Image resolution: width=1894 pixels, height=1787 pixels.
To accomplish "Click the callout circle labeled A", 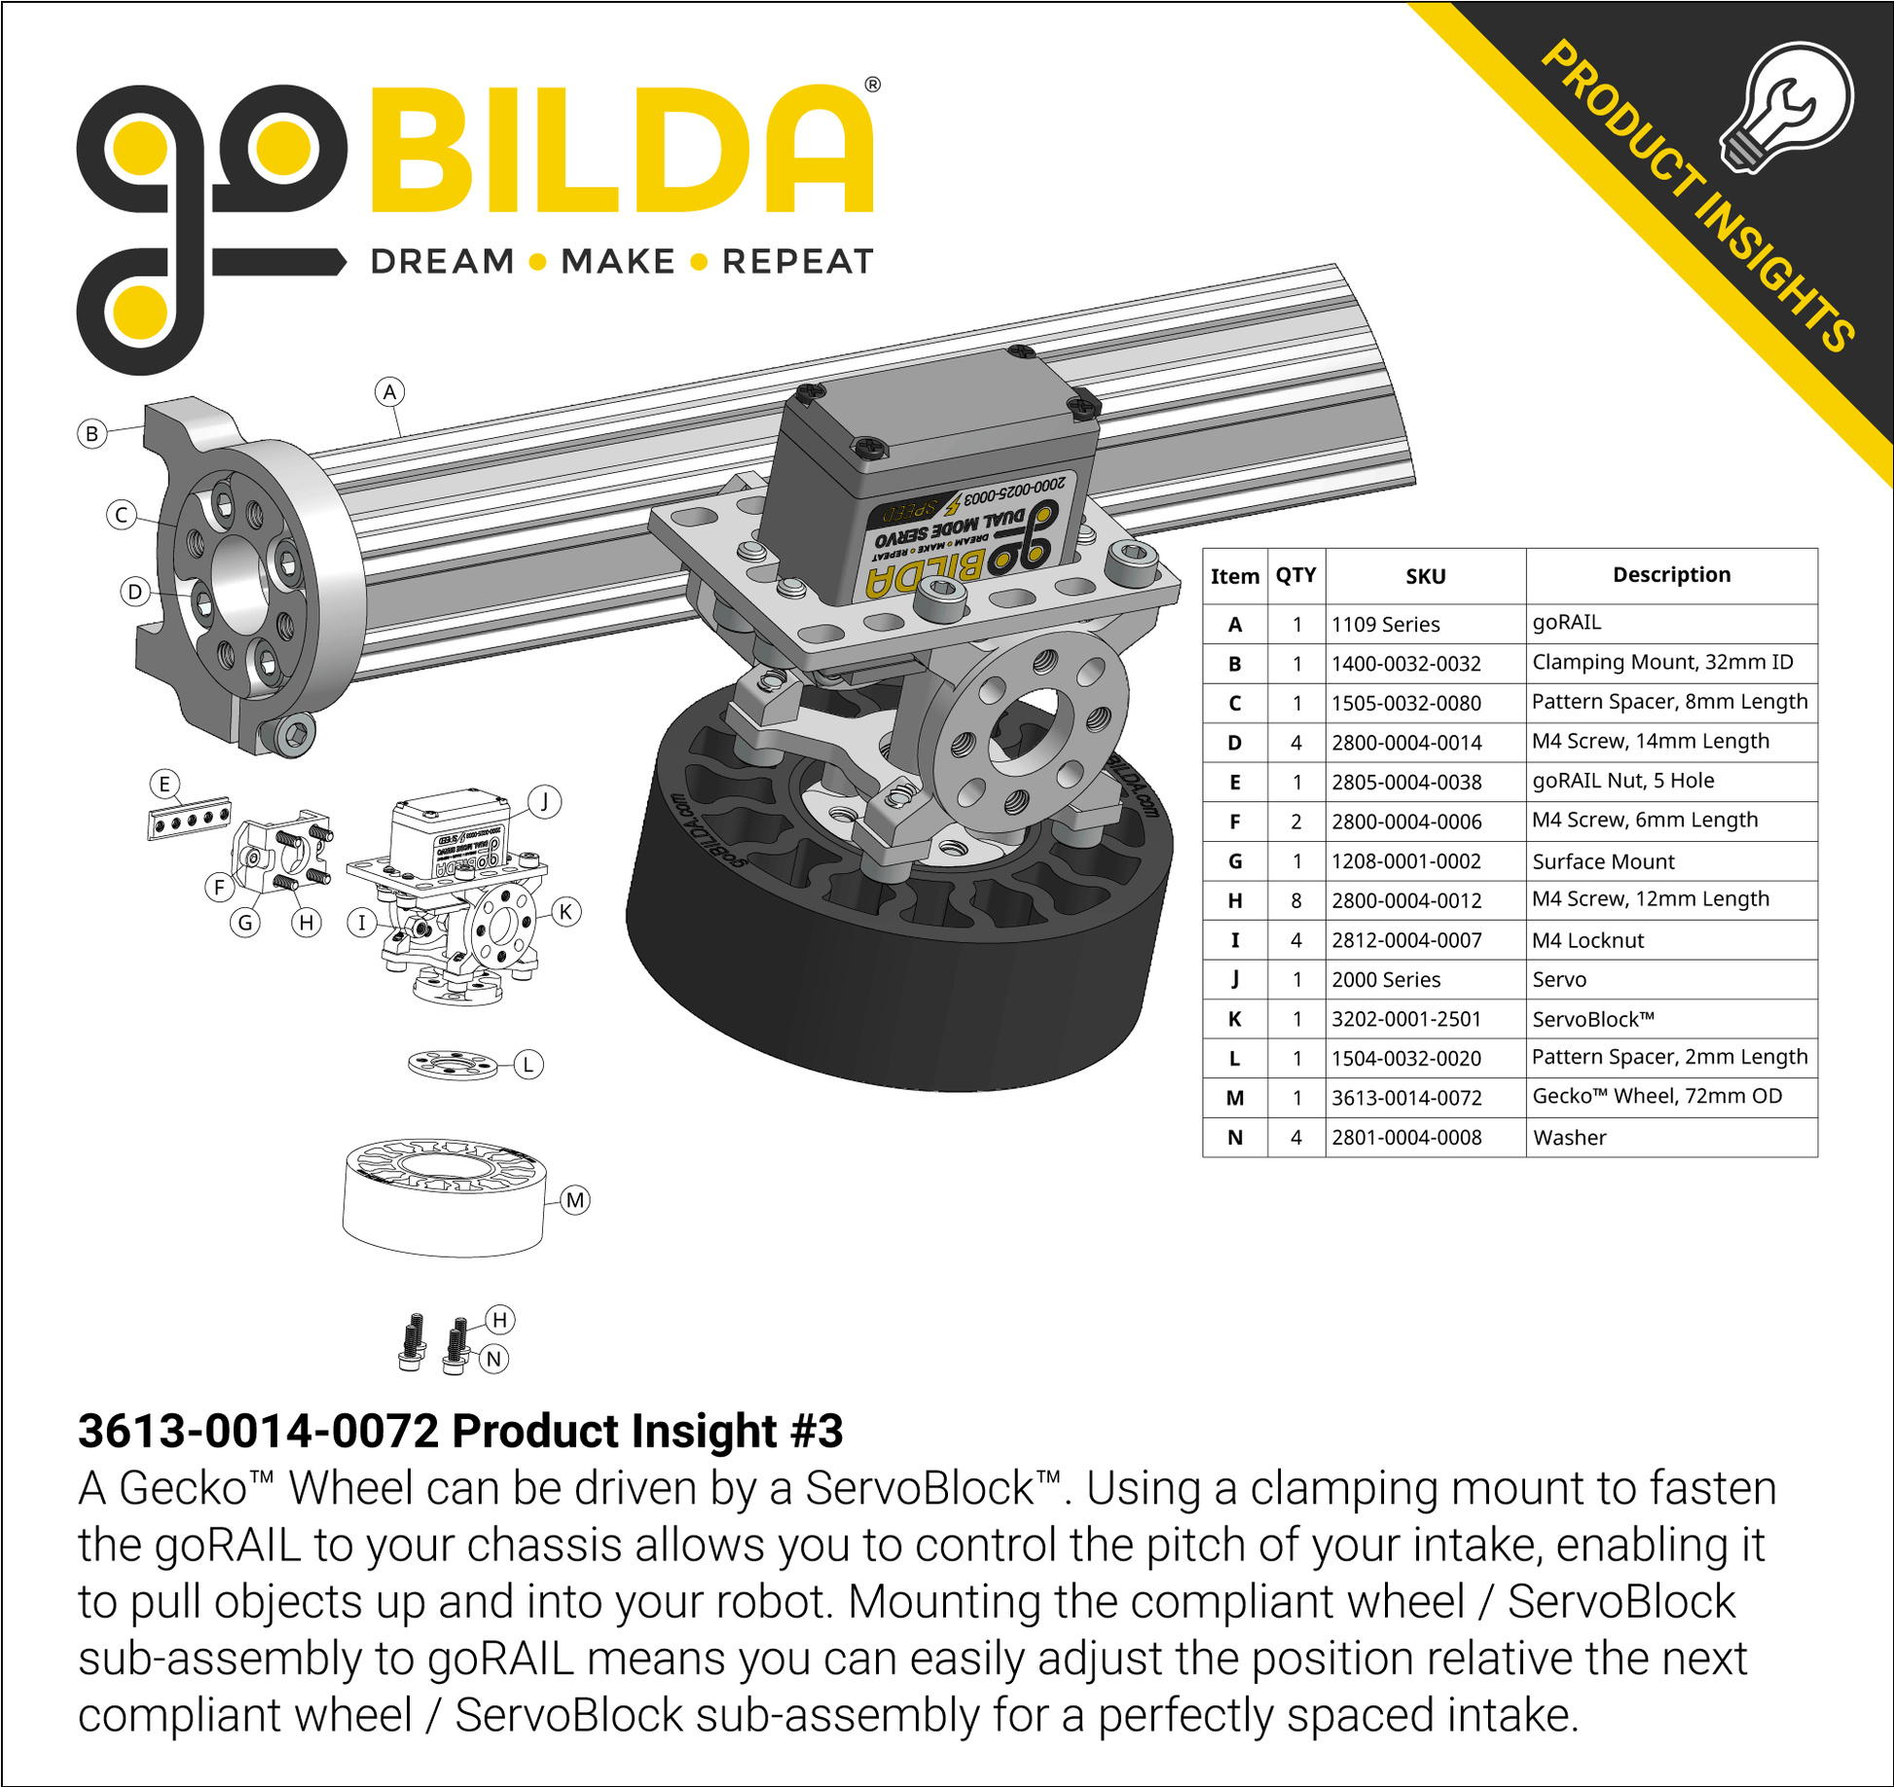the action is [389, 392].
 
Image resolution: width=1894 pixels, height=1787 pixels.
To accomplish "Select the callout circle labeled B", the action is [92, 433].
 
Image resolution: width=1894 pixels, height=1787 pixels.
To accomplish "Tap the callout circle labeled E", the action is [164, 784].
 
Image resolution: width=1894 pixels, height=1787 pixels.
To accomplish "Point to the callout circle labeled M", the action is [575, 1200].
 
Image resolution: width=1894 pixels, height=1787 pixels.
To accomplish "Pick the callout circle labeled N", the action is [494, 1359].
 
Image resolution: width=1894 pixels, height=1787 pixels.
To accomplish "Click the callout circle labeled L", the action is [528, 1064].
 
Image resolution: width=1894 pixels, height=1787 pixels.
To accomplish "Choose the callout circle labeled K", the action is [566, 912].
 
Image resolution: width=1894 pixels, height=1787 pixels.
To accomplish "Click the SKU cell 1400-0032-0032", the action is [1406, 664].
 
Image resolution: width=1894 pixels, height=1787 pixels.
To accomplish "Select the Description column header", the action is [1671, 574].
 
